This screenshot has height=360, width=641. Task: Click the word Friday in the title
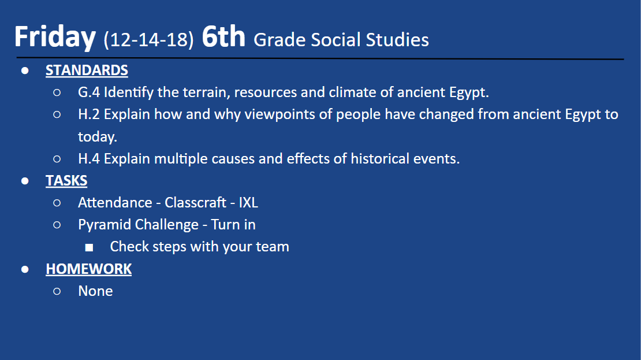55,37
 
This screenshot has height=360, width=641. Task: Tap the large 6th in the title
223,37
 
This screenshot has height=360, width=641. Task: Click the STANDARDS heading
87,70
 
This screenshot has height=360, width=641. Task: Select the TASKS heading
66,181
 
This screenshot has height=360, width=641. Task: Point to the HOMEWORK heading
88,269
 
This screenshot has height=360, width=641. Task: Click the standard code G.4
89,92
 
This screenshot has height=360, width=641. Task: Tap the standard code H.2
89,114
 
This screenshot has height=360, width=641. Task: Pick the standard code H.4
89,159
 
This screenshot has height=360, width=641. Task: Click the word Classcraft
195,203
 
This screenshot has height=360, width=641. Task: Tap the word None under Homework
95,291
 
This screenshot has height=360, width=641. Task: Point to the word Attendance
115,203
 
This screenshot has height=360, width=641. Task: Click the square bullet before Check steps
89,247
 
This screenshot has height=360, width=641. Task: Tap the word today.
97,137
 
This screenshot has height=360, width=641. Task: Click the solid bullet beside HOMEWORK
25,269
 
